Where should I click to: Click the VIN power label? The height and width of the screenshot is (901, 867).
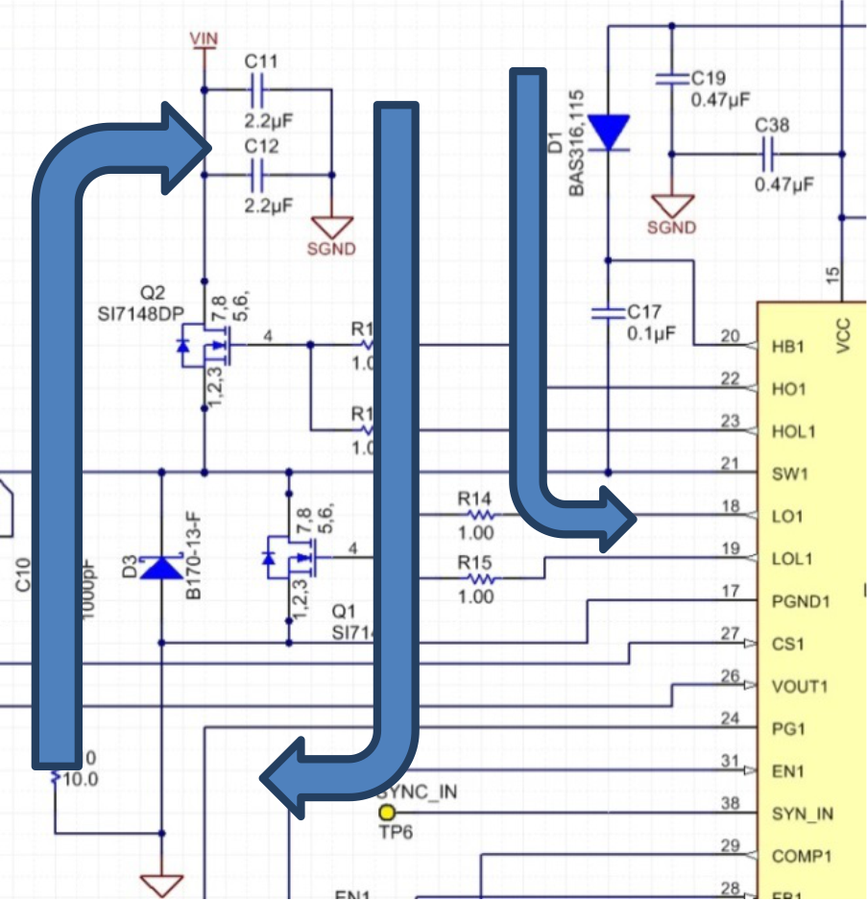tap(204, 37)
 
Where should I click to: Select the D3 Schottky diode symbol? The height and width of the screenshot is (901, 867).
tap(160, 568)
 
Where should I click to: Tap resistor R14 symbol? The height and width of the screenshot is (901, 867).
tap(476, 515)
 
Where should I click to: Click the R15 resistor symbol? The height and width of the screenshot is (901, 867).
tap(477, 578)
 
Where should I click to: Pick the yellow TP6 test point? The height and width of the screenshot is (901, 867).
tap(387, 814)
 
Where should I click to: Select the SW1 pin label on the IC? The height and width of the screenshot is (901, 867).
tap(789, 474)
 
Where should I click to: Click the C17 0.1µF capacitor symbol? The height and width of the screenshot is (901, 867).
tap(608, 311)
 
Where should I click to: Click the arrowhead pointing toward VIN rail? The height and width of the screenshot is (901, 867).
tap(186, 147)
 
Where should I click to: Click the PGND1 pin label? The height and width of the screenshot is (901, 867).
tap(801, 601)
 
